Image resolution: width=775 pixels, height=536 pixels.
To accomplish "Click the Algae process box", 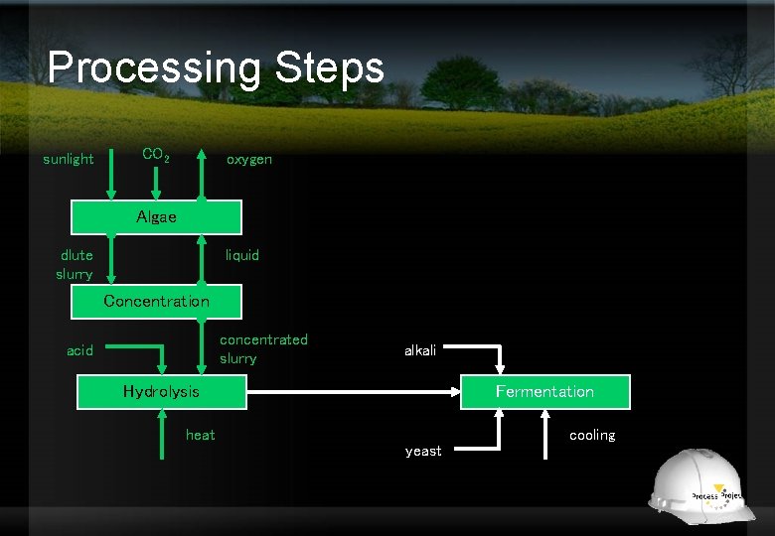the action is pos(156,217).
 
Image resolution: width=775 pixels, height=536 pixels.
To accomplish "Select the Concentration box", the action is pos(156,301).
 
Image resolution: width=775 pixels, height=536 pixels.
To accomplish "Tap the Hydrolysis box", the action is pos(161,391).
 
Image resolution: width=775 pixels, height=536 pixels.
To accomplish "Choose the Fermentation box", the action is pos(544,391).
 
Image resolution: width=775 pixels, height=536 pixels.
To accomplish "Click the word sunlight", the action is pos(69,159).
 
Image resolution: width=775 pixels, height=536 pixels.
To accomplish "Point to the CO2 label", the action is pos(155,155).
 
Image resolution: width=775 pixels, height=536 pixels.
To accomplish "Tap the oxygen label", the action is pos(248,159).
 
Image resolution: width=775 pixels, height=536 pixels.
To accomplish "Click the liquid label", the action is pos(241,255).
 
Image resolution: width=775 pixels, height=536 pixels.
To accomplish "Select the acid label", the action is pos(79,350).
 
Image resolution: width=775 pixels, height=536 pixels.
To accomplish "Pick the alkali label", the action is pos(419,350).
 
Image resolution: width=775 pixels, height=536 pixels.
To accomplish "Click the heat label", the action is pos(200,435).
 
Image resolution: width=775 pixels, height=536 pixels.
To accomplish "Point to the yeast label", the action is pos(423,451).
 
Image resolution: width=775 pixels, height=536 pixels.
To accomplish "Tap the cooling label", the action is pos(592,435).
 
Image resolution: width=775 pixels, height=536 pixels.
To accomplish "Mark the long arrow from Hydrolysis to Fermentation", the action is pos(353,392).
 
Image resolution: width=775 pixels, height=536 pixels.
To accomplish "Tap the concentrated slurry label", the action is pos(263,348).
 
